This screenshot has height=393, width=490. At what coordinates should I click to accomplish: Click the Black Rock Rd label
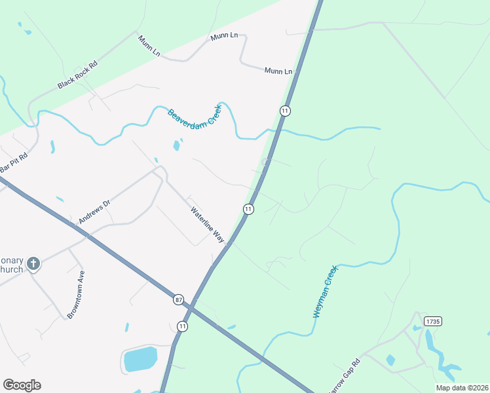point(77,75)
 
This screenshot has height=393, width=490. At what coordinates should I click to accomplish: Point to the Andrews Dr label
point(94,212)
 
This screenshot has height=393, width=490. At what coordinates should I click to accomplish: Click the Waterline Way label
point(207,225)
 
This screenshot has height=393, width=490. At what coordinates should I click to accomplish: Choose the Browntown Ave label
point(75,295)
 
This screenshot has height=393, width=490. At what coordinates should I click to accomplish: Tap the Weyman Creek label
point(324,291)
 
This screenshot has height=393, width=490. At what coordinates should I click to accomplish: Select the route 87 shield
point(179,299)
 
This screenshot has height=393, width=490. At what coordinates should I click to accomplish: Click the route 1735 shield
point(432,321)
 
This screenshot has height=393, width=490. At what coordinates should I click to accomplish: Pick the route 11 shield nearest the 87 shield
point(182,326)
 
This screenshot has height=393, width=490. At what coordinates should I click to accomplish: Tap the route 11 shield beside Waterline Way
point(248,209)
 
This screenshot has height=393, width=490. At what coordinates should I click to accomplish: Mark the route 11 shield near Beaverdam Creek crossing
point(284,111)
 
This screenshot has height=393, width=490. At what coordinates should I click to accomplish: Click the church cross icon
point(33,264)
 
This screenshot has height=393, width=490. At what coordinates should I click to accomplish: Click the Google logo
point(22,385)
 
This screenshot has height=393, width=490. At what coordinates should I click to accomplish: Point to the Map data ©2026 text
point(461,387)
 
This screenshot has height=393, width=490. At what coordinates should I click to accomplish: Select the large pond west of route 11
point(140,359)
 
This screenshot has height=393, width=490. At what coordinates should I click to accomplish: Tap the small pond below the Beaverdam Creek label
point(176,145)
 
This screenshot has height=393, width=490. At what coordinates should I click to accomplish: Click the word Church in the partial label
point(11,269)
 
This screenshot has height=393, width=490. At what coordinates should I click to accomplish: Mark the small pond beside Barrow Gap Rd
point(390,360)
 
